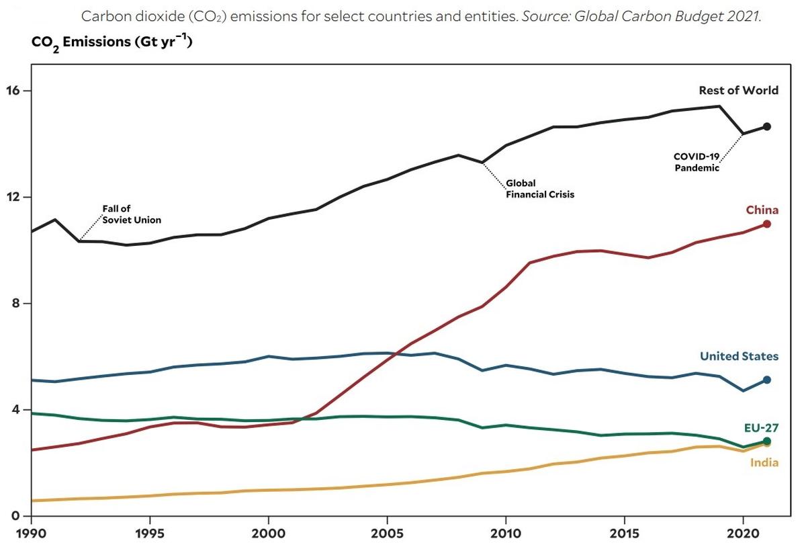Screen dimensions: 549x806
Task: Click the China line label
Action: pos(762,210)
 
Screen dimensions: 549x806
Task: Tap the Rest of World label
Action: pos(738,91)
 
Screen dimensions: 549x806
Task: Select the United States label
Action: pos(739,356)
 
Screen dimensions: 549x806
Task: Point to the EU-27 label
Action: pos(761,427)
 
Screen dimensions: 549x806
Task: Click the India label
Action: pos(764,462)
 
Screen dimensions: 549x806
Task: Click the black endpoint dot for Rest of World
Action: pos(767,126)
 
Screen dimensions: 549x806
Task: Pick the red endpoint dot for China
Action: pos(767,224)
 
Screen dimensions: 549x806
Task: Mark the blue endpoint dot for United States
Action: pos(767,380)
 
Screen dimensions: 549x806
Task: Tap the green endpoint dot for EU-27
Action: pos(767,441)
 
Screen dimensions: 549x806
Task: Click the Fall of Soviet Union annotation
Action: pos(132,214)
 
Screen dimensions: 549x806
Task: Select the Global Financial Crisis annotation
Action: pos(540,189)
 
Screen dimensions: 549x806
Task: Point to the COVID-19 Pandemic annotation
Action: pos(697,162)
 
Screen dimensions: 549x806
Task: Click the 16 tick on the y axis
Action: pos(18,91)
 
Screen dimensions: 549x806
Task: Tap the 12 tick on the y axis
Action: pos(18,197)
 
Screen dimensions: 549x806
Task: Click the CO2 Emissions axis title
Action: pos(112,43)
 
